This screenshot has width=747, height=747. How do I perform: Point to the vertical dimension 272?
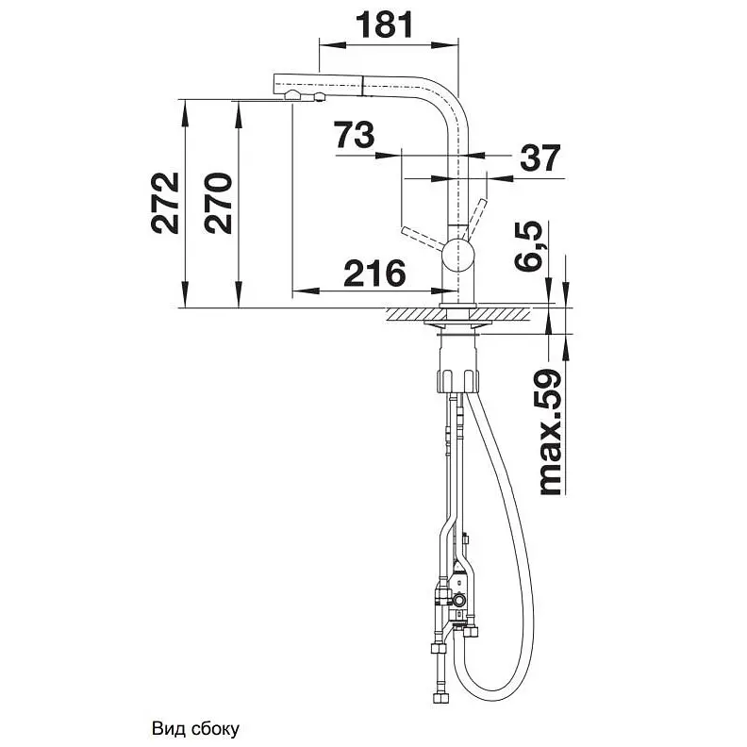click(165, 203)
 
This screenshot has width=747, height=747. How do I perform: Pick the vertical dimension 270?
click(218, 203)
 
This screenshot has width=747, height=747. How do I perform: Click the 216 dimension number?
click(374, 274)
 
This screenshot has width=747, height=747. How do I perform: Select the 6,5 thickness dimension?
click(529, 246)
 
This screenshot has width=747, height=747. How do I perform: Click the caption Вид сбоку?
click(195, 728)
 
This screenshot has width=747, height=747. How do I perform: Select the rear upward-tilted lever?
click(475, 217)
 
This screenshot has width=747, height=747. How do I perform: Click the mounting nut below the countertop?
click(456, 380)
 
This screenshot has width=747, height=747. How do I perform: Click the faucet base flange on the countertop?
click(457, 305)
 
